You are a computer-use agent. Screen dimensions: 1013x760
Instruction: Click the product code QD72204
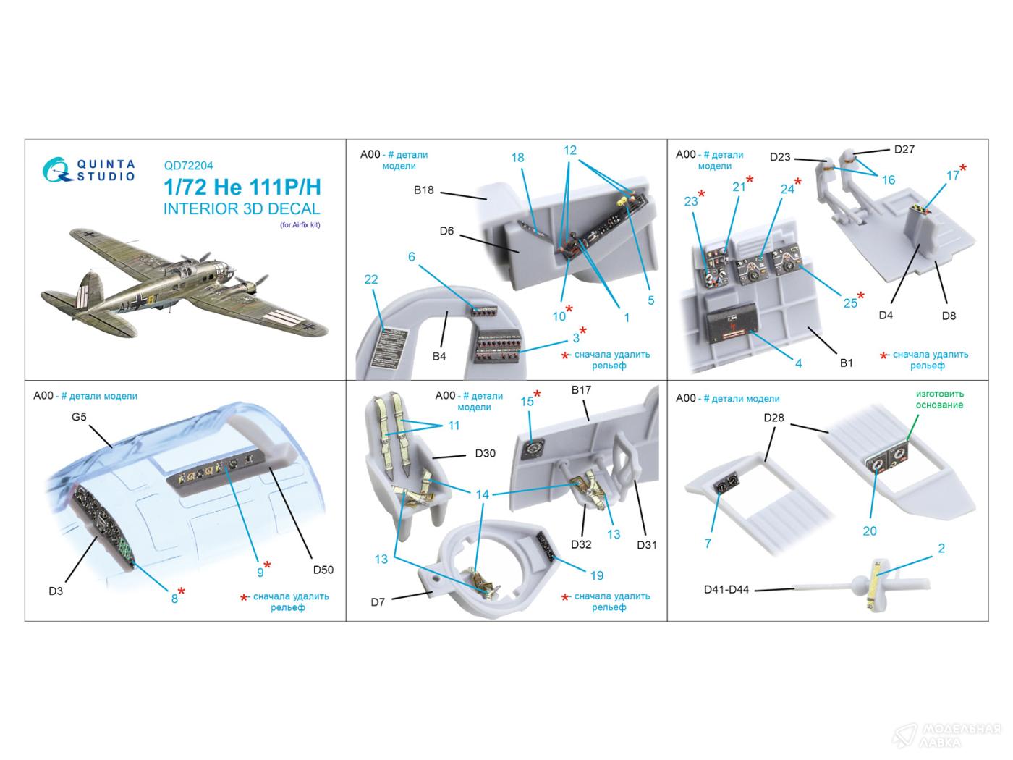tap(188, 165)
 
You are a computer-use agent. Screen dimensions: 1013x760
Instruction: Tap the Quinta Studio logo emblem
tap(56, 170)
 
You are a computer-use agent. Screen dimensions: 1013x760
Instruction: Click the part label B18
tap(424, 190)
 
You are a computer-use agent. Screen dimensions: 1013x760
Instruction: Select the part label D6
tap(446, 231)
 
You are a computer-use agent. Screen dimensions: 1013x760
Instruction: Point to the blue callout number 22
tap(371, 279)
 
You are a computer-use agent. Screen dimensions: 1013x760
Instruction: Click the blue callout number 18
tap(517, 157)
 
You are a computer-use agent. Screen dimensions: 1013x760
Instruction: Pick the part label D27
tap(904, 149)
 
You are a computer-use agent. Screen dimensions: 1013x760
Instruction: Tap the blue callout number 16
tap(889, 180)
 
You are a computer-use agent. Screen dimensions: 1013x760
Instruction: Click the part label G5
tap(79, 417)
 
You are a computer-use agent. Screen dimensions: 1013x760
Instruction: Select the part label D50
tap(323, 570)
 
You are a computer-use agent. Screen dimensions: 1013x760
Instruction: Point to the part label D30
tap(485, 453)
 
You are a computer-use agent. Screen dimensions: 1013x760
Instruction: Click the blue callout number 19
tap(597, 575)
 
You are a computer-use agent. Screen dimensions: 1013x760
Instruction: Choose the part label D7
tap(378, 601)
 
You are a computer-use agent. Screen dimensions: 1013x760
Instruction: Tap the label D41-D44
tap(726, 589)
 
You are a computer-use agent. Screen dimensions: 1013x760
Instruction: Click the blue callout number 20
tap(870, 531)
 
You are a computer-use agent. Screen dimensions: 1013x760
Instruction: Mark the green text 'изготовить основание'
tap(940, 399)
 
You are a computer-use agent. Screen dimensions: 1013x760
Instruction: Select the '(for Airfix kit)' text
tap(300, 224)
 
